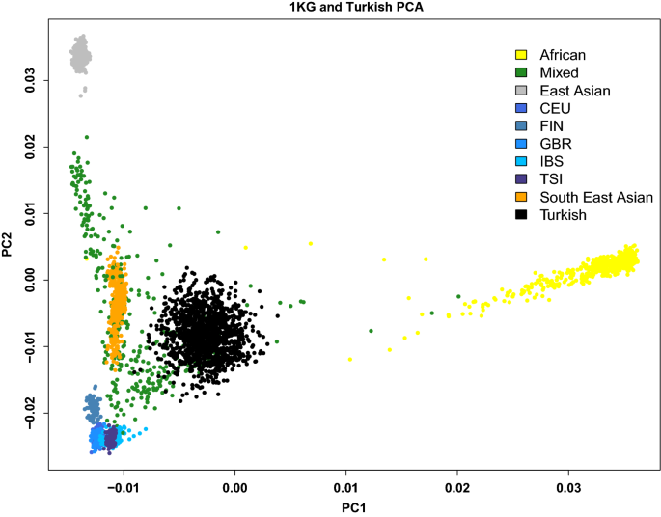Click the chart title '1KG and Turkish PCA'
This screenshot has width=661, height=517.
click(331, 7)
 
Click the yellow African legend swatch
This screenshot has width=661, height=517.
click(520, 54)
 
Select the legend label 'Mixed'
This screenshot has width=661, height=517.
click(559, 72)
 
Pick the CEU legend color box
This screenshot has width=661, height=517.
click(520, 108)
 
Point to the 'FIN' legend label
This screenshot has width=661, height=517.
click(553, 125)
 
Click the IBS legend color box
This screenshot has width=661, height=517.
click(520, 161)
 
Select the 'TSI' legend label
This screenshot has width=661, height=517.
click(552, 179)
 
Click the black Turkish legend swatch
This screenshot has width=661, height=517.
click(520, 215)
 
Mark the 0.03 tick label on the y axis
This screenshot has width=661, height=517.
click(30, 79)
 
